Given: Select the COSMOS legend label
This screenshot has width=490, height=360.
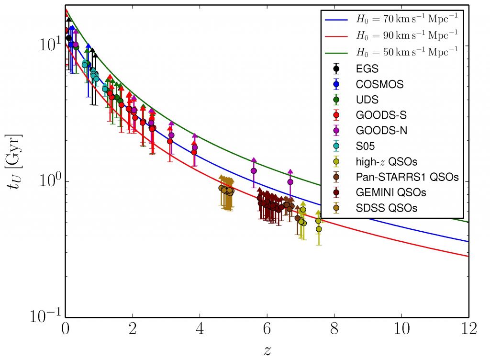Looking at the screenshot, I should [379, 85].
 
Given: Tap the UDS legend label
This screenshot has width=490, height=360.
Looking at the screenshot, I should [367, 100].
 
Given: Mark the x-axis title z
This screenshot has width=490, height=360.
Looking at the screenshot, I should [267, 349].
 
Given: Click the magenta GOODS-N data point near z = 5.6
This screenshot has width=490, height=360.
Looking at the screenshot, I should [254, 170].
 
